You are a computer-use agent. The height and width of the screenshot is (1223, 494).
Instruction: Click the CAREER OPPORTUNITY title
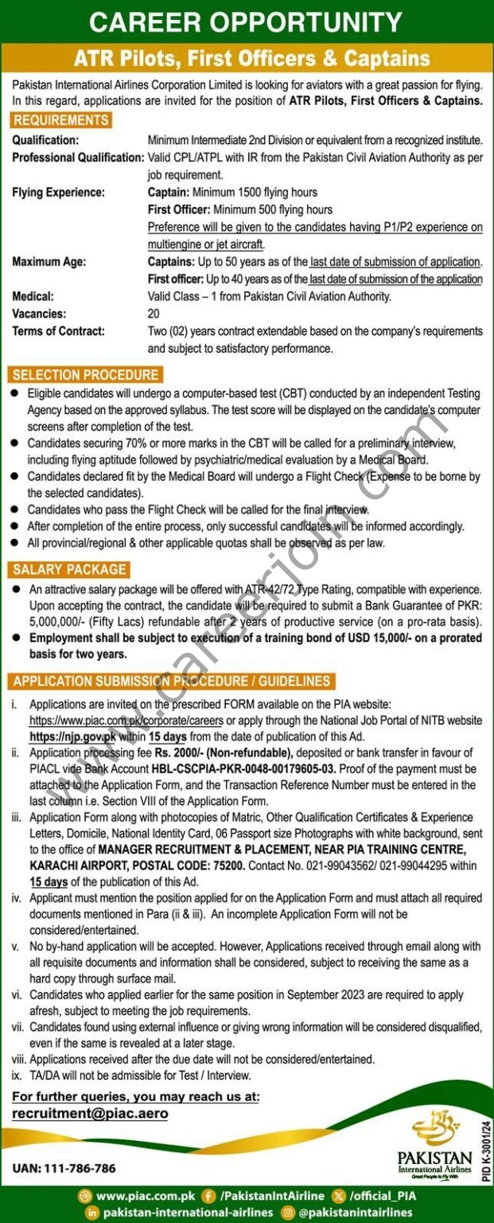click(247, 21)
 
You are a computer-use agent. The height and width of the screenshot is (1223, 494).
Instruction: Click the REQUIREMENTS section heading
click(61, 121)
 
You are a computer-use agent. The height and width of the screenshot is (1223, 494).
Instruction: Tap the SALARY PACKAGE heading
click(70, 569)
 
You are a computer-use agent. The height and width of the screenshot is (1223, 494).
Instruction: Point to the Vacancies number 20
click(154, 314)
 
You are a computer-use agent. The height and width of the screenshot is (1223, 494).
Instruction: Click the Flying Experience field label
click(58, 192)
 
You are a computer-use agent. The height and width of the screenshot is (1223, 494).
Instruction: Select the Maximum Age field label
click(49, 261)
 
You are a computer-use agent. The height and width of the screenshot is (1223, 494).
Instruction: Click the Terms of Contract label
click(58, 331)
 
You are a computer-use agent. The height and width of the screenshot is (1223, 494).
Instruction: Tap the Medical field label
click(33, 296)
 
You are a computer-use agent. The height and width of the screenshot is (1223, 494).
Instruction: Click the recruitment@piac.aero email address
click(90, 1113)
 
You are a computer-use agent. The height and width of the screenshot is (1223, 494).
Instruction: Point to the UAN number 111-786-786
click(64, 1168)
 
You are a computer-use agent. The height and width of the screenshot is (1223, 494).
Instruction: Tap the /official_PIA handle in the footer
click(377, 1196)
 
